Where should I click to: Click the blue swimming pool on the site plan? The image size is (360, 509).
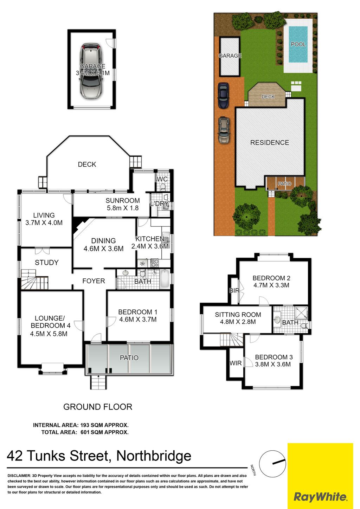click(x=298, y=45)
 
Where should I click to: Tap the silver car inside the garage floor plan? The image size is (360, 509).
click(x=91, y=71)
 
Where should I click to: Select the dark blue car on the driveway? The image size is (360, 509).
click(x=223, y=95)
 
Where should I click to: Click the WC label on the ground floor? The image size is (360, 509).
click(x=162, y=179)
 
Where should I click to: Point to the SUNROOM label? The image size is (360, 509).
click(x=123, y=200)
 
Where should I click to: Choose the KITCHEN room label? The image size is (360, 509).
click(x=150, y=239)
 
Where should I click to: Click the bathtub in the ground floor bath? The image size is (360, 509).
click(x=165, y=279)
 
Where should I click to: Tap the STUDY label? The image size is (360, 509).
click(x=47, y=263)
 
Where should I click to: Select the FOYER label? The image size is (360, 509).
click(x=94, y=281)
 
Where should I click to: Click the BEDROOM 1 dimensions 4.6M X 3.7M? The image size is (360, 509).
click(x=138, y=319)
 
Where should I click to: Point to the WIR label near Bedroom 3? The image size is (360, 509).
click(x=236, y=363)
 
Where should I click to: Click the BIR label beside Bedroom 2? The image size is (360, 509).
click(x=234, y=290)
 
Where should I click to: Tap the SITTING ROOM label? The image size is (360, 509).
click(x=238, y=315)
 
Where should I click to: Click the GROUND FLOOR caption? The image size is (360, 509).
click(x=98, y=407)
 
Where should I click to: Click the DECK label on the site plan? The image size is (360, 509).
click(x=268, y=97)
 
